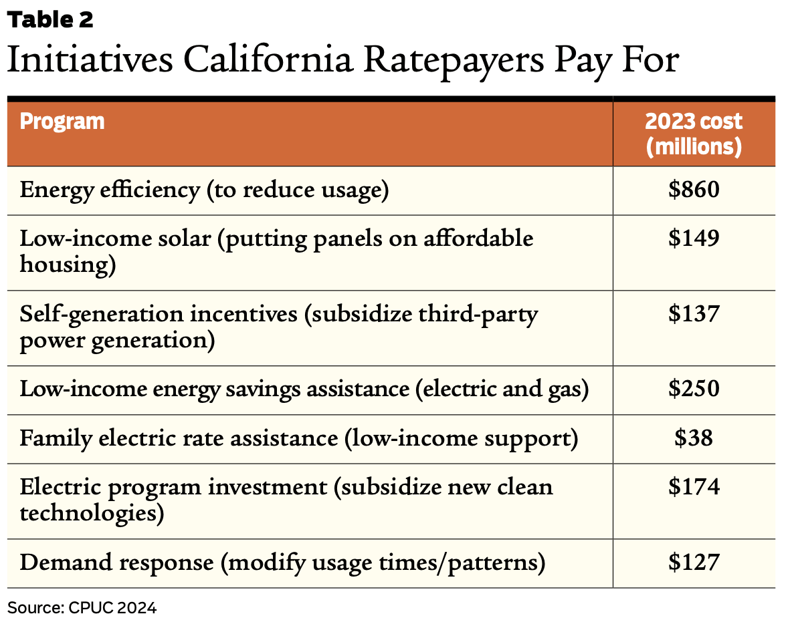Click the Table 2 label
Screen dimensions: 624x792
50,20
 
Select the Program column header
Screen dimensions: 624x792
62,122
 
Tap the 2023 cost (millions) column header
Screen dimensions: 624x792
694,134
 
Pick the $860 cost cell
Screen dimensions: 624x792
694,190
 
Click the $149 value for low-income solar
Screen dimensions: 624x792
694,239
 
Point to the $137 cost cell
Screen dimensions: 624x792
694,314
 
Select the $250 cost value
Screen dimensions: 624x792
694,389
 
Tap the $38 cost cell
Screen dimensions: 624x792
694,438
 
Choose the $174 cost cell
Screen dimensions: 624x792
694,486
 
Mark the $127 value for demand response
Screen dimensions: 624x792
694,563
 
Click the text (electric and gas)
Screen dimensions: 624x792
502,389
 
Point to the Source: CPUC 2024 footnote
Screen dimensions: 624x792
82,608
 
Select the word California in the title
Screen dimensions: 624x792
267,60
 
